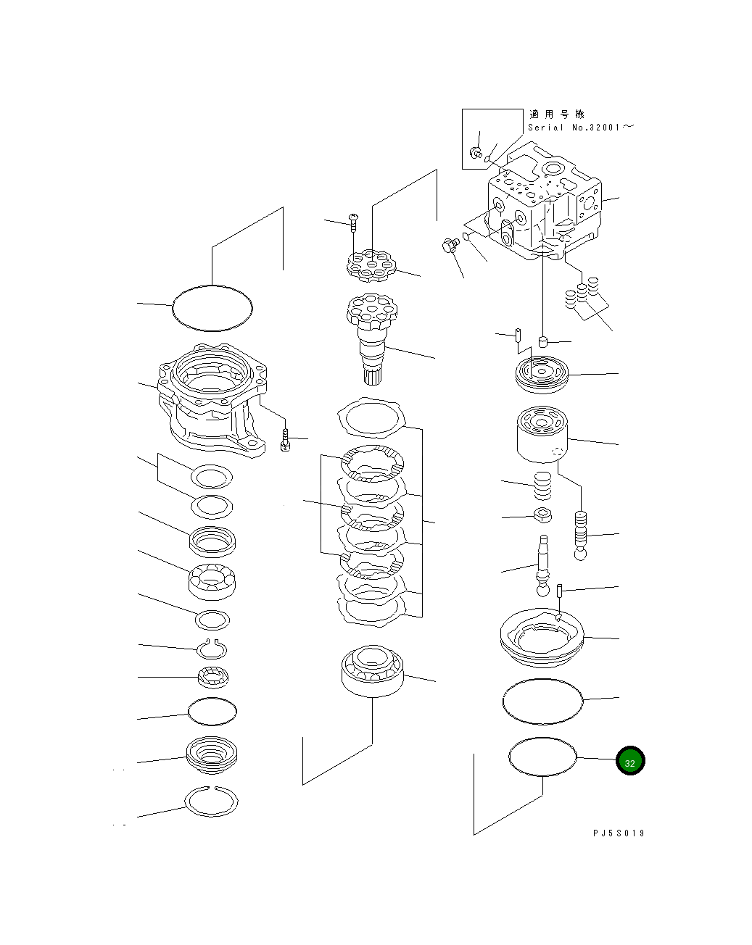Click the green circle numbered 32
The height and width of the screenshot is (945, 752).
[x=629, y=762]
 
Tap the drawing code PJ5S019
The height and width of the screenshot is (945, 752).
[x=618, y=833]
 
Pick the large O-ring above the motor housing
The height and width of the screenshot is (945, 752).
[x=212, y=308]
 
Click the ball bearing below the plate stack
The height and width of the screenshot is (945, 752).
[x=371, y=670]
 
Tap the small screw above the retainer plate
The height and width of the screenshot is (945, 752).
[x=353, y=220]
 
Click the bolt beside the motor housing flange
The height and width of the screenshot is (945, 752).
[x=285, y=439]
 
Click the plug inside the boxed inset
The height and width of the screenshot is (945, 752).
[x=476, y=152]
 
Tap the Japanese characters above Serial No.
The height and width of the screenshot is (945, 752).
[x=556, y=114]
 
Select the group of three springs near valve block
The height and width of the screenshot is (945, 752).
[x=582, y=294]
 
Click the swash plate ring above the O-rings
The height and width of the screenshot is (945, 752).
[x=542, y=636]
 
